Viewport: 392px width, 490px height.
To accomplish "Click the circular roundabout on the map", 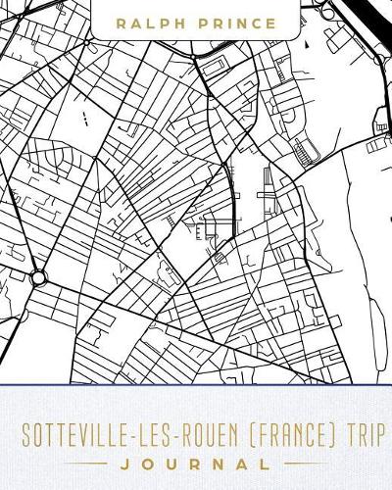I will pos(38,278).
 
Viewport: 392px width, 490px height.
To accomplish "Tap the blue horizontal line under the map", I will pos(196,383).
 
